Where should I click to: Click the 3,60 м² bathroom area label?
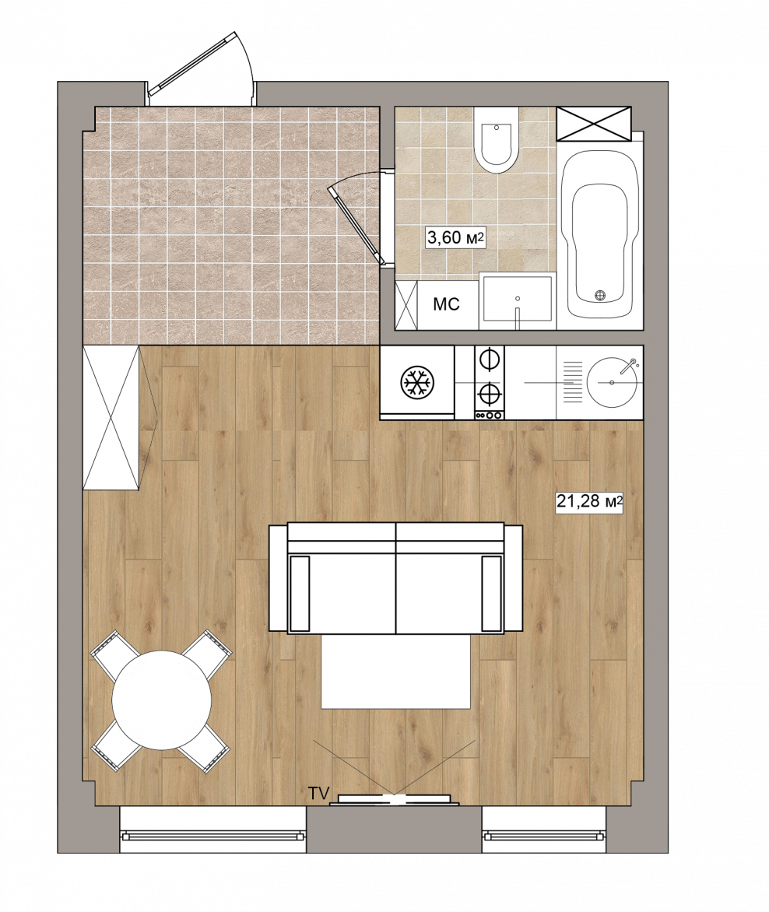456,237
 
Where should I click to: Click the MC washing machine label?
447,303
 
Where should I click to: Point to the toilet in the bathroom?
496,139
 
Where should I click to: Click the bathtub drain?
602,295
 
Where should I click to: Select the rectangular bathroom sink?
517,300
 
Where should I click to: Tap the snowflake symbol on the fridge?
417,383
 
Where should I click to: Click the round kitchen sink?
612,382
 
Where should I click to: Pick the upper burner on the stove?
489,359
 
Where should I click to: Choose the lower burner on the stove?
489,395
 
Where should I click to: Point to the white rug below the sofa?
396,672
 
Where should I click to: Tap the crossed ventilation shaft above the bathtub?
594,123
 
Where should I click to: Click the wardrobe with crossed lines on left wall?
111,418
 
